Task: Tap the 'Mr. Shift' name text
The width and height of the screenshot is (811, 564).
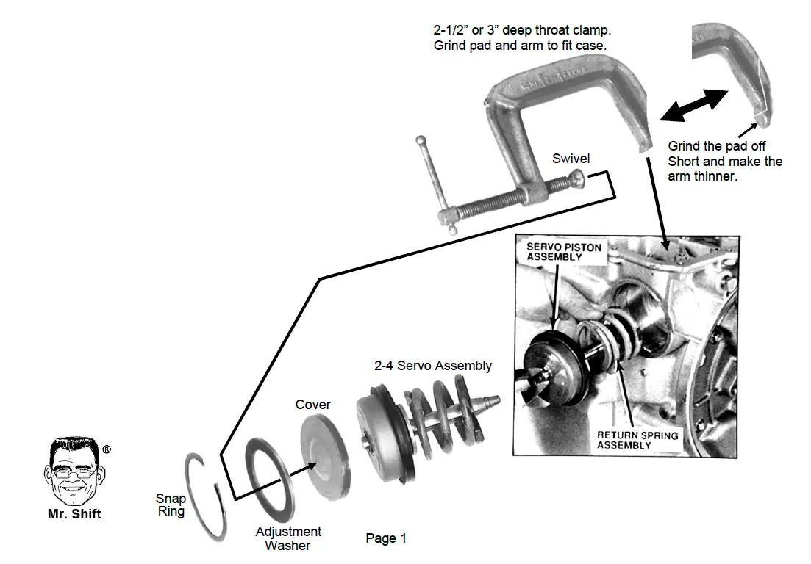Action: (74, 515)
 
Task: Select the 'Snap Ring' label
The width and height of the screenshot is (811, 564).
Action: (171, 505)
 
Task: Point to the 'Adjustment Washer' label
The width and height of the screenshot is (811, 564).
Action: (288, 538)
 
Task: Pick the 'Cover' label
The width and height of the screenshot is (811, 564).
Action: (313, 405)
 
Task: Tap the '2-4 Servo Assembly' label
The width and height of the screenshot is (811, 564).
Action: (433, 365)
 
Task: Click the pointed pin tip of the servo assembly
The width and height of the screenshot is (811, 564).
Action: (495, 401)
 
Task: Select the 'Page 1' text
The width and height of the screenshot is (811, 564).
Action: (386, 538)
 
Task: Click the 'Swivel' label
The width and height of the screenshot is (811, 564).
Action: (571, 159)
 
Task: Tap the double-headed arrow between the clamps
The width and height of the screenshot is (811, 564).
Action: (693, 104)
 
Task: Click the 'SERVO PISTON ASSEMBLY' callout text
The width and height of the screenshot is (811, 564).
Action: (563, 252)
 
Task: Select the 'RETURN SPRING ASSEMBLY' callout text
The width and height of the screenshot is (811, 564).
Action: (637, 440)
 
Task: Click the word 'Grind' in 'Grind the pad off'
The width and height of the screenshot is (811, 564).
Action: (684, 147)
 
